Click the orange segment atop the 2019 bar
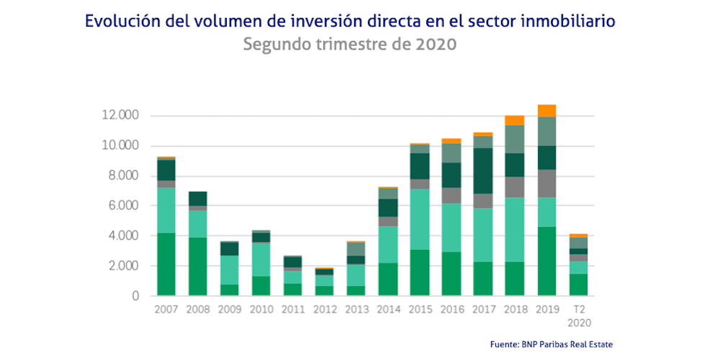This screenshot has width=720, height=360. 546,110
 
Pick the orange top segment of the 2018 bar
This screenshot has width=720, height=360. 514,120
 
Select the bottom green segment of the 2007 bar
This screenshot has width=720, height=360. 166,264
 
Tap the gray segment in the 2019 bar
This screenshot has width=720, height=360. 546,183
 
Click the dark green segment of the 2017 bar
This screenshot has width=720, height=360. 482,171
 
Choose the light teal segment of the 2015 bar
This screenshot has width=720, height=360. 419,219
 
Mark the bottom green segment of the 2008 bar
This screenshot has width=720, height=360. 197,266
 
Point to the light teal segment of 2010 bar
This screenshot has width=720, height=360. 261,259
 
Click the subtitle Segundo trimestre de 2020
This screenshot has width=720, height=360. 350,44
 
